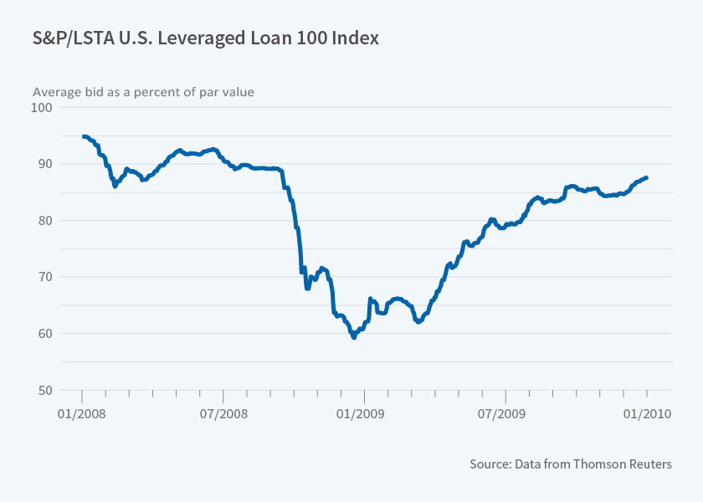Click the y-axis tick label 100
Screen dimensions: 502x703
(x=41, y=107)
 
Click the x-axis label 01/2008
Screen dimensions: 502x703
(x=82, y=413)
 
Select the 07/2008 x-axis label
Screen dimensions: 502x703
(x=223, y=413)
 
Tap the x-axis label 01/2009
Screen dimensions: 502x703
(x=365, y=413)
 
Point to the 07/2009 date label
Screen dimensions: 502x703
(x=505, y=413)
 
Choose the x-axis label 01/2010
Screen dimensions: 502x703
(x=646, y=413)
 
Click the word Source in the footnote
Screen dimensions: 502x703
(x=490, y=464)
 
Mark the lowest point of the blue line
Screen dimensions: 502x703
(x=354, y=337)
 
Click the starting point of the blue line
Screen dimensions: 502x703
(x=83, y=136)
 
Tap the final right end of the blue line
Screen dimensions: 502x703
(x=646, y=177)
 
